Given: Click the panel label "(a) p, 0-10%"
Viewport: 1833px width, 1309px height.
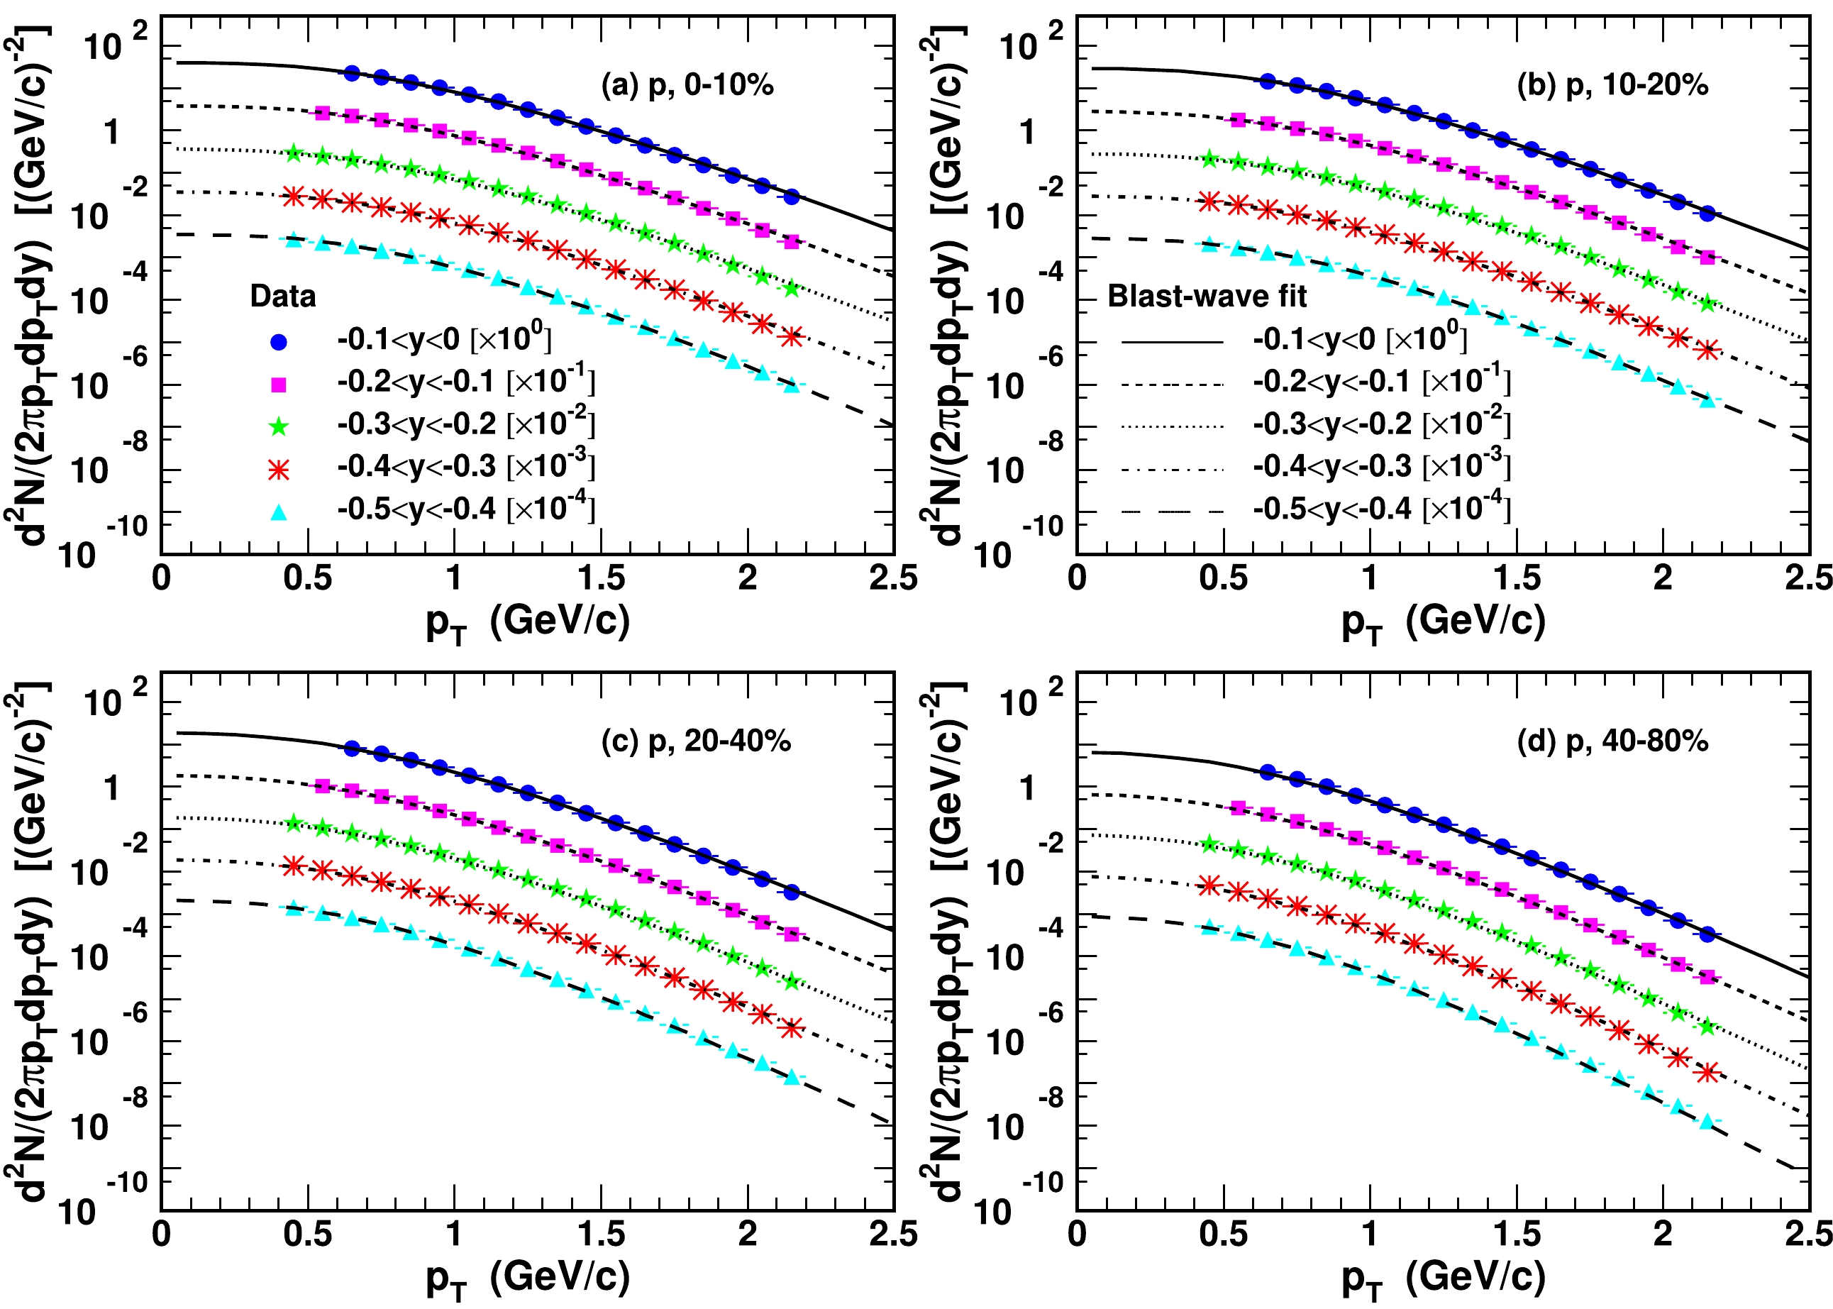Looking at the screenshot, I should click(687, 84).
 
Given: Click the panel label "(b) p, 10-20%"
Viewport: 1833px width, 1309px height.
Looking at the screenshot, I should click(1612, 84).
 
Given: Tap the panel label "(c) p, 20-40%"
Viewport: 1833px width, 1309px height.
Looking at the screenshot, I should click(696, 741).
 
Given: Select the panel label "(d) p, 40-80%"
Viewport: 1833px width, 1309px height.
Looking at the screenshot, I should click(1612, 741).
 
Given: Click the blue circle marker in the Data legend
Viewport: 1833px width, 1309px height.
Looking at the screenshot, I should click(279, 342).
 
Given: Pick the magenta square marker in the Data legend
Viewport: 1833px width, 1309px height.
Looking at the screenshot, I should click(279, 385).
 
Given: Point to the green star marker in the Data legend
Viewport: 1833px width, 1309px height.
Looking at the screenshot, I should click(279, 427).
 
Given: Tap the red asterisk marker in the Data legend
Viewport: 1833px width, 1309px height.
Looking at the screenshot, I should click(279, 470).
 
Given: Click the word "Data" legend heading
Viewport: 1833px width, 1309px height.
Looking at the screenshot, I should click(283, 297).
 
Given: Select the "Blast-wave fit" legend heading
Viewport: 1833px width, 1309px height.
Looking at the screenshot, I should click(1207, 297).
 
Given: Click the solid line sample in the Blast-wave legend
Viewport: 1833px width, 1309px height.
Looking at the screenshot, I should click(1173, 342).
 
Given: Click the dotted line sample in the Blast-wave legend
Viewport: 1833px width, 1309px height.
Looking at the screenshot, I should click(1173, 427).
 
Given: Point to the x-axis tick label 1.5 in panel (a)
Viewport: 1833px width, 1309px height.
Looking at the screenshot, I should click(601, 579).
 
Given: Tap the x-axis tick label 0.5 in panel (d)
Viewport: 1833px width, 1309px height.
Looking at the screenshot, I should click(1223, 1235).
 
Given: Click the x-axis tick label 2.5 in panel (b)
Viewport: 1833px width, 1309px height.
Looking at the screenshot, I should click(1809, 579).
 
